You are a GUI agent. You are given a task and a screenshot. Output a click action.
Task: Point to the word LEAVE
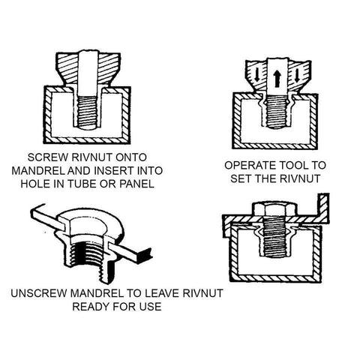click(163, 293)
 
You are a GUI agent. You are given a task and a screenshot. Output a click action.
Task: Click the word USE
click(151, 307)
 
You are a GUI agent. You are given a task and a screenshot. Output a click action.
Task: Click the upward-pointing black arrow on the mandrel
click(277, 78)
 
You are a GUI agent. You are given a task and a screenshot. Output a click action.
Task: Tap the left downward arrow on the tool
click(257, 76)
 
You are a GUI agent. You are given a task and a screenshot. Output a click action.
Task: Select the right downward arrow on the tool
click(297, 76)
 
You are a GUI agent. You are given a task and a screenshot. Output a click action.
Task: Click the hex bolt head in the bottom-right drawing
click(275, 209)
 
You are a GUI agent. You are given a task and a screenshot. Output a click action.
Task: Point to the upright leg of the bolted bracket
click(323, 208)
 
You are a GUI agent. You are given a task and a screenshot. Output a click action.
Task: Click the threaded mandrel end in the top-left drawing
click(87, 112)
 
